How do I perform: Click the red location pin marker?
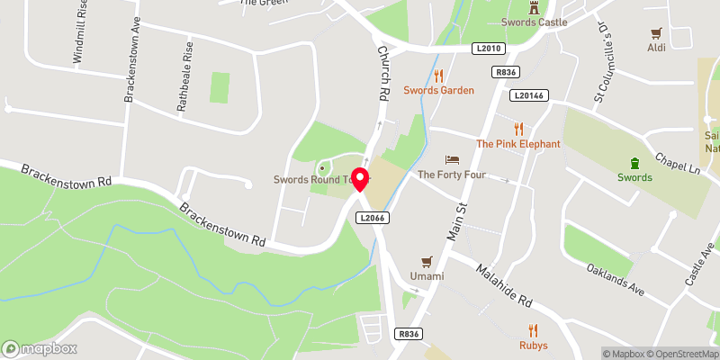click(x=360, y=179)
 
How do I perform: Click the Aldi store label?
click(x=657, y=47)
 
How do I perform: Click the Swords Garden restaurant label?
click(x=438, y=90)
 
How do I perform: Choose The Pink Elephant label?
click(x=518, y=143)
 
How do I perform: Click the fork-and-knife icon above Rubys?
click(x=533, y=329)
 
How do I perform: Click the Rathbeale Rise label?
click(x=184, y=86)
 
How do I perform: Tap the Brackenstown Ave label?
click(x=132, y=68)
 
